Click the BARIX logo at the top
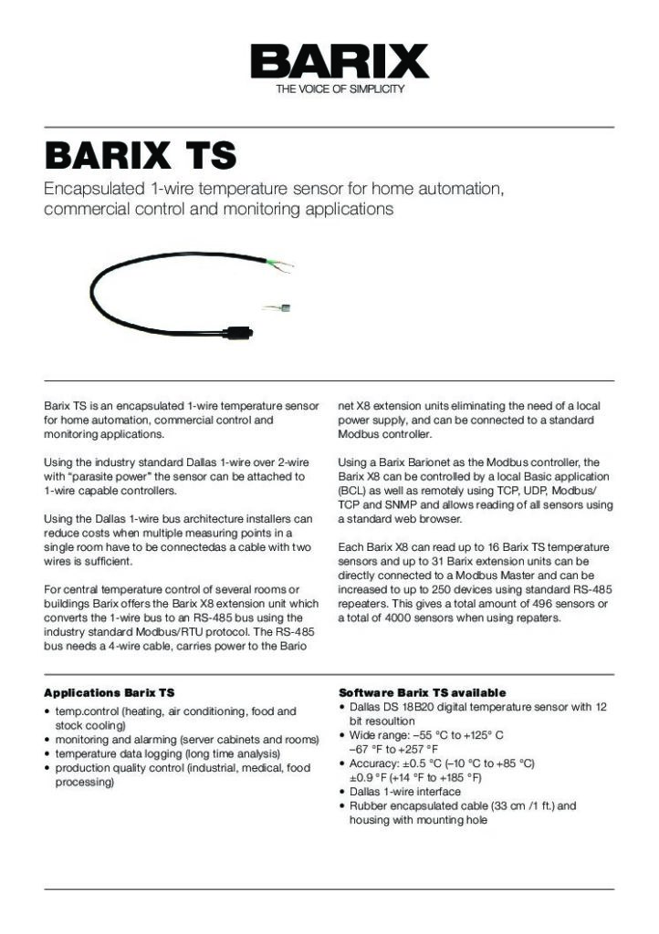(340, 62)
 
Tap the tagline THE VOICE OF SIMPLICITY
(340, 89)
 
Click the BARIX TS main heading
(141, 156)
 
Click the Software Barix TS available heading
(422, 693)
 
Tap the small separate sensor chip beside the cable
(284, 308)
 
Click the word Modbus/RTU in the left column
(178, 631)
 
